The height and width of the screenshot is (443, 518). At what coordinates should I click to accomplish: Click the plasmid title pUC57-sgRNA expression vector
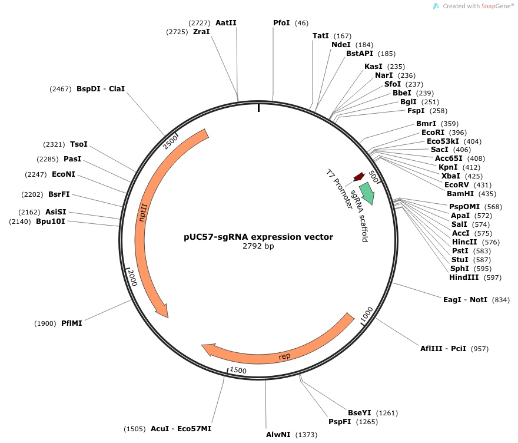(x=258, y=237)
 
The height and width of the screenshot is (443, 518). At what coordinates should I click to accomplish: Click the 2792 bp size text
(x=258, y=246)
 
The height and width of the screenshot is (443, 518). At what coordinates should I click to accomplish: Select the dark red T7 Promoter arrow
(x=358, y=177)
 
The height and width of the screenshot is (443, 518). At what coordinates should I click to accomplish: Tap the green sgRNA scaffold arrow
(x=367, y=193)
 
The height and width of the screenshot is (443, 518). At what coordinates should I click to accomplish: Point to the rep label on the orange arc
(x=284, y=356)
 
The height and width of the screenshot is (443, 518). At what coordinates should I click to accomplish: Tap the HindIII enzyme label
(x=464, y=277)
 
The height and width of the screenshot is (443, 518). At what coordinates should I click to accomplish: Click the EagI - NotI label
(x=465, y=299)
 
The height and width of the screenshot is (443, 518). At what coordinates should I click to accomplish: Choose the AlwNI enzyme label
(x=278, y=434)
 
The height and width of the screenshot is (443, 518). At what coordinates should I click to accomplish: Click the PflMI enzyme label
(x=71, y=323)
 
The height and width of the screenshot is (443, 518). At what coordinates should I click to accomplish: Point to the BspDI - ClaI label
(x=101, y=89)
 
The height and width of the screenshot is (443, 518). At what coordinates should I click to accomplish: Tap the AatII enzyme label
(x=226, y=22)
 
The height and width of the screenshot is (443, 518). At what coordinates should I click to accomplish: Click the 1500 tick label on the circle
(x=238, y=369)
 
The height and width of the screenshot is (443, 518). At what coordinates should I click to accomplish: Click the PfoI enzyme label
(x=281, y=22)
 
